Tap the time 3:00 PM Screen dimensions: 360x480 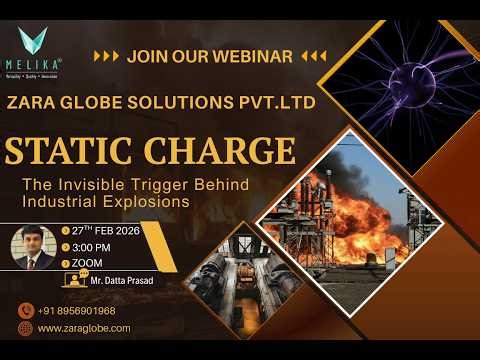click(91, 247)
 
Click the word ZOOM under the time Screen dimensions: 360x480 click(87, 263)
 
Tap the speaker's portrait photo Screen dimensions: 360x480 click(32, 250)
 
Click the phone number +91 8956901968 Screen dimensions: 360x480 click(77, 310)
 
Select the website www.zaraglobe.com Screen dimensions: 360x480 click(84, 327)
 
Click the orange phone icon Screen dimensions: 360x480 click(25, 310)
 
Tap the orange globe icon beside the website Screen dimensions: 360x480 click(25, 327)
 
